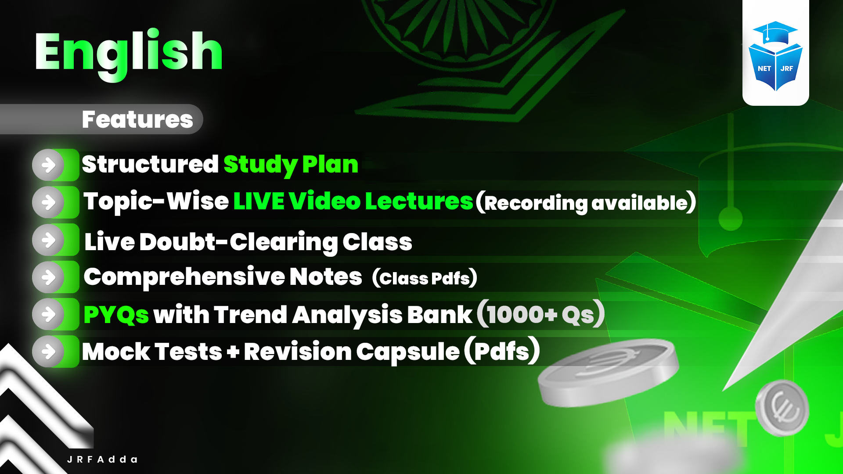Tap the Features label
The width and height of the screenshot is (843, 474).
tap(137, 119)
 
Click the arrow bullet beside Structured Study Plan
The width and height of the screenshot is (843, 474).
tap(49, 165)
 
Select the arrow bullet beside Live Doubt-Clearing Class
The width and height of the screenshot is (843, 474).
tap(49, 240)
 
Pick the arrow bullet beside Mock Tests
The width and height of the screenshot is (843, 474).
tap(49, 352)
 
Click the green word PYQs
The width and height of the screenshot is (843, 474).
tap(116, 315)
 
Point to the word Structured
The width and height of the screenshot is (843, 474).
tap(150, 164)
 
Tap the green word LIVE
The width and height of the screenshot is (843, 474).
tap(259, 201)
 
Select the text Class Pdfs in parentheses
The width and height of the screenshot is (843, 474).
tap(424, 278)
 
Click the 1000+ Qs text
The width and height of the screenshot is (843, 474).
tap(540, 314)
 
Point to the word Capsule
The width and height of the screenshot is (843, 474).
tap(407, 352)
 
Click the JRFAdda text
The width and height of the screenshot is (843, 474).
tap(102, 460)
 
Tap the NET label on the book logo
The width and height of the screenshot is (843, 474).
tap(764, 68)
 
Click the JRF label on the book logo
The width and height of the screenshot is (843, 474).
tap(787, 68)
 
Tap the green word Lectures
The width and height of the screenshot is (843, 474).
tap(419, 201)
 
